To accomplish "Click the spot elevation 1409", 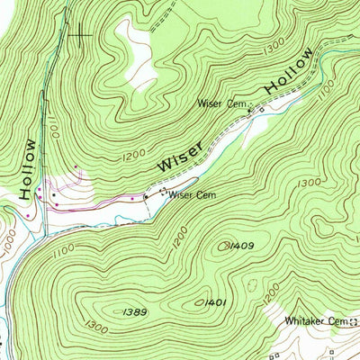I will click(x=239, y=245).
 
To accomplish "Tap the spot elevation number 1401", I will click(x=215, y=302).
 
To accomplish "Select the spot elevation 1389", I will click(x=131, y=310).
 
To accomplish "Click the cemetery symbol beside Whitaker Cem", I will click(x=353, y=321).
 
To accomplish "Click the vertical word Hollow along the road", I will click(x=29, y=168).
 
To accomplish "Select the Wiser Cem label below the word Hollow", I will click(x=222, y=104).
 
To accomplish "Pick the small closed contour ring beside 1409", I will click(x=222, y=245).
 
